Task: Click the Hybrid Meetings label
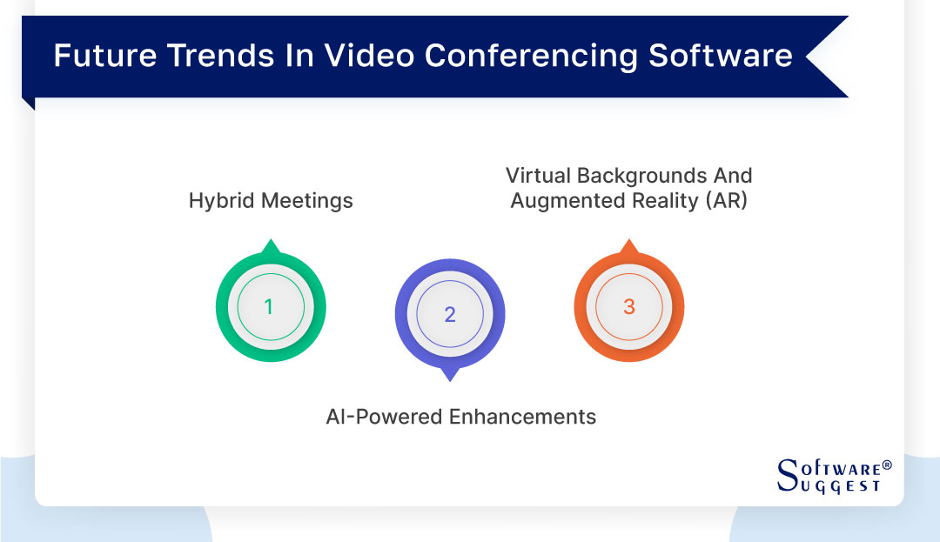pos(271,201)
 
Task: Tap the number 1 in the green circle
pos(269,307)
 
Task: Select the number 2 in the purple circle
pos(450,315)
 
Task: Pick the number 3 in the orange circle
pos(629,307)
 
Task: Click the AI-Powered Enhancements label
pos(460,417)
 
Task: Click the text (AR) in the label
pos(724,201)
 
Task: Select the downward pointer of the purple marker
pos(450,375)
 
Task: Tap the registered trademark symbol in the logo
pos(887,465)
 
